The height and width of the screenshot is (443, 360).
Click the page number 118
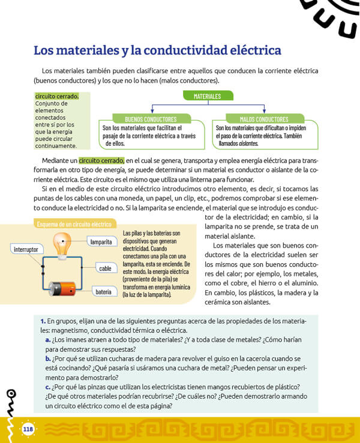coord(28,429)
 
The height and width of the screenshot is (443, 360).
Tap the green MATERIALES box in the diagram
coord(207,96)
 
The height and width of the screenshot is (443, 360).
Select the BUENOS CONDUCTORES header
coord(142,119)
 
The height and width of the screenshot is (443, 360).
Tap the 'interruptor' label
coord(26,248)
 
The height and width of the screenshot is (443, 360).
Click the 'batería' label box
coord(103,292)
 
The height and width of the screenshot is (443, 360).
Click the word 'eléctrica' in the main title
coord(247,50)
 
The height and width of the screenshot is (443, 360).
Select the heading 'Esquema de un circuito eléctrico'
coord(74,224)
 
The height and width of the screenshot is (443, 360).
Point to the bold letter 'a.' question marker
coord(47,340)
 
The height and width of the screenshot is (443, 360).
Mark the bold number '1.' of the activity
coord(44,321)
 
